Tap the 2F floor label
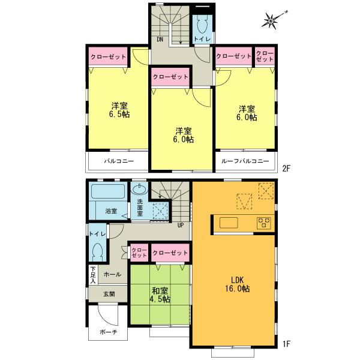(287, 169)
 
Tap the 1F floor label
(287, 344)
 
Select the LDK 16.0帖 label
(237, 284)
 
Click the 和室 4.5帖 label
(159, 294)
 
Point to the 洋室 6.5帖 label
(119, 110)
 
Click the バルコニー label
(118, 161)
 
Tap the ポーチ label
(109, 332)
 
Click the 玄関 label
(109, 294)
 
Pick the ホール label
(113, 274)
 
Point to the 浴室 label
(112, 211)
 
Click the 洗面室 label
(140, 206)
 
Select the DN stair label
(160, 40)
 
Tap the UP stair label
(179, 225)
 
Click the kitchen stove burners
(264, 223)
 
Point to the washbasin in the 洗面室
(138, 188)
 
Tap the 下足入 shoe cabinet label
(94, 275)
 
